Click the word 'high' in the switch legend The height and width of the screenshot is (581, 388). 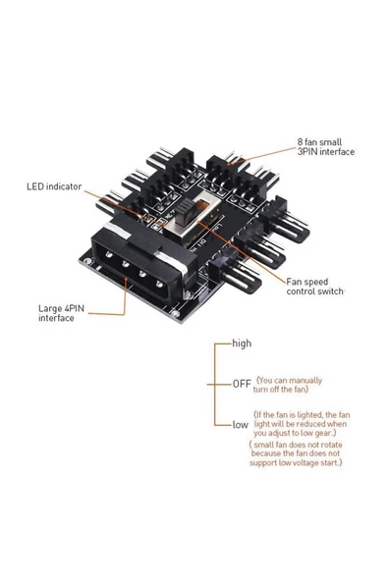(x=242, y=344)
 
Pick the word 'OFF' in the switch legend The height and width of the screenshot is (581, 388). (x=242, y=383)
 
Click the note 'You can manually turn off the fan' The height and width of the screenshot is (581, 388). (x=302, y=383)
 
